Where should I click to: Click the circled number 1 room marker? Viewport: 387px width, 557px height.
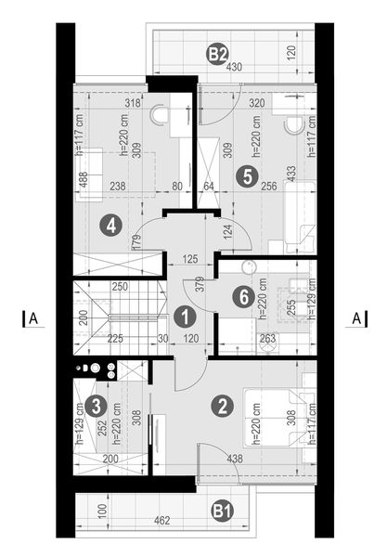pos(186,317)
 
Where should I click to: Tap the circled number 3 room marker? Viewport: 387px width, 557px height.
pos(95,405)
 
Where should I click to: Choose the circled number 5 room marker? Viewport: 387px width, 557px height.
pos(244,176)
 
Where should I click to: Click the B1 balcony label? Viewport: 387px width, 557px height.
pos(221,509)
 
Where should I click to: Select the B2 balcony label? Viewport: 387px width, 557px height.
pos(216,54)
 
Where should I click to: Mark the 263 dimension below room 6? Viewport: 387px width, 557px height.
pos(268,340)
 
